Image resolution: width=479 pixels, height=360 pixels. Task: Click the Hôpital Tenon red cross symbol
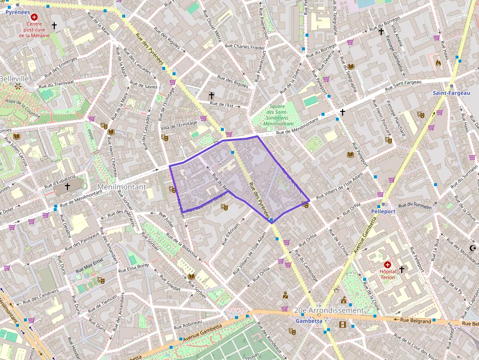[388, 264]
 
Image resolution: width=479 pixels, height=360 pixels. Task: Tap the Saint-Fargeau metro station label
[451, 93]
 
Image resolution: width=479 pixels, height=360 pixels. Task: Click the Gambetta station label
[308, 321]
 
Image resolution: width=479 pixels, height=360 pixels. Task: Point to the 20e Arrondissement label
[329, 311]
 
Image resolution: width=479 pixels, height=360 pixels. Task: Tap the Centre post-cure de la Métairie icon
[34, 17]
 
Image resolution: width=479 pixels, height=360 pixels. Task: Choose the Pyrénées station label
[18, 12]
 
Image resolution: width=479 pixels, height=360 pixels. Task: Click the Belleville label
[15, 79]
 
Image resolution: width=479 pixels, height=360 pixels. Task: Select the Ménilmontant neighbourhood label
[121, 187]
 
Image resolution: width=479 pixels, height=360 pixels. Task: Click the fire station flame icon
[438, 63]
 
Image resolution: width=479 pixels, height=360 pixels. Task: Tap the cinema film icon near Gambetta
[342, 324]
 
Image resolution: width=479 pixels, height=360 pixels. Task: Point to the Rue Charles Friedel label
[244, 47]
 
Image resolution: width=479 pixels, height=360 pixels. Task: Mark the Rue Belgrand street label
[415, 321]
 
